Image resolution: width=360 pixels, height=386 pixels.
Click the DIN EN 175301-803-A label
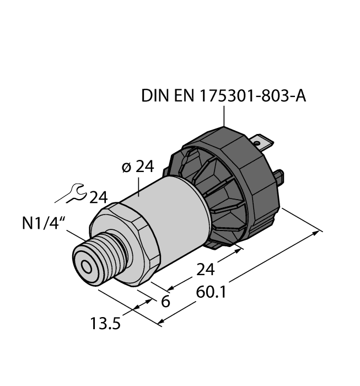point(223,95)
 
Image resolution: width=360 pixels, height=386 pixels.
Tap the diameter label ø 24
point(136,168)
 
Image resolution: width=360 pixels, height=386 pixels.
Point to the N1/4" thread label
point(45,224)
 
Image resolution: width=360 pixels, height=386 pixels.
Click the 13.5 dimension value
point(105,322)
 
